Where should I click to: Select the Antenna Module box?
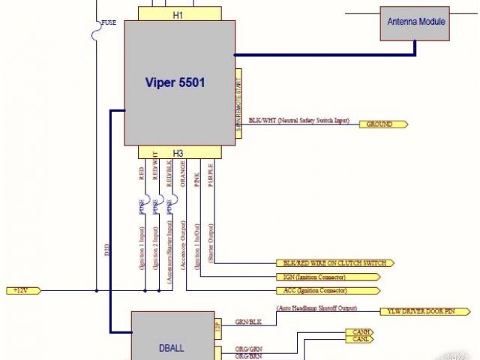pyautogui.click(x=416, y=22)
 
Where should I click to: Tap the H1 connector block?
pyautogui.click(x=178, y=14)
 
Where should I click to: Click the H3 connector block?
pyautogui.click(x=178, y=152)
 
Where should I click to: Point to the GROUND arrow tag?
pyautogui.click(x=383, y=124)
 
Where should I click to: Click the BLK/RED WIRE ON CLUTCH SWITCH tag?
pyautogui.click(x=334, y=263)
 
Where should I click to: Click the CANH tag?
pyautogui.click(x=358, y=331)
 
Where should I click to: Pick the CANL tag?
pyautogui.click(x=358, y=339)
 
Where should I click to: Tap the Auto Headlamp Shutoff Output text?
pyautogui.click(x=316, y=308)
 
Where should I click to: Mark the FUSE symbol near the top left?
pyautogui.click(x=97, y=32)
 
